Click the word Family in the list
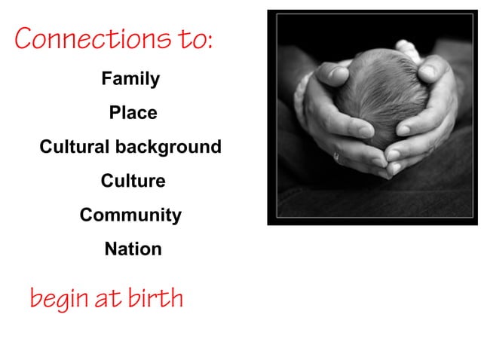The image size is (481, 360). click(130, 78)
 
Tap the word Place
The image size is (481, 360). click(133, 112)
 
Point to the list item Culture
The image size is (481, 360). click(133, 181)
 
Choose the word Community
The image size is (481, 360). click(130, 215)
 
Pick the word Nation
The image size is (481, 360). click(133, 249)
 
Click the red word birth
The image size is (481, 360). click(155, 298)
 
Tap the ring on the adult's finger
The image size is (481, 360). click(335, 157)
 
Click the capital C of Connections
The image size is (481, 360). click(24, 38)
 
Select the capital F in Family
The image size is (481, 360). click(106, 78)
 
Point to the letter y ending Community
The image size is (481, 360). click(176, 217)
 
